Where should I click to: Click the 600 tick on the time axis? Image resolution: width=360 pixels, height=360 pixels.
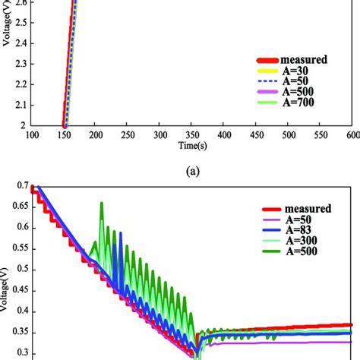[x=352, y=134]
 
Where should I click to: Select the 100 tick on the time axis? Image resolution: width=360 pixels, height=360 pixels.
[x=31, y=134]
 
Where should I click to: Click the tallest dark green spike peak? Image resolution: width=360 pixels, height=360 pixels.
[x=101, y=203]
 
